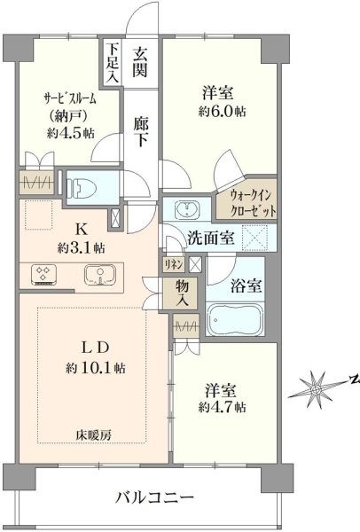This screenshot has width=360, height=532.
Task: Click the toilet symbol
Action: click(82, 188)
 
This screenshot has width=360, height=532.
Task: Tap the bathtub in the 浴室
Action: click(235, 319)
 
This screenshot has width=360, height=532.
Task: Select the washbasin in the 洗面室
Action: click(187, 209)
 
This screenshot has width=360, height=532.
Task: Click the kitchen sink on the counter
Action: click(100, 274)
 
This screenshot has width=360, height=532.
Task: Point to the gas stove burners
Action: click(43, 273)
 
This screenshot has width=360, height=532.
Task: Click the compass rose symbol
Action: click(316, 388)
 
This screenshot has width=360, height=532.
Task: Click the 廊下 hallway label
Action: click(140, 131)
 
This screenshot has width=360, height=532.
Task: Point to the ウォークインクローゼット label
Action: click(251, 204)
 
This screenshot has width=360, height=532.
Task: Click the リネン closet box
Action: click(174, 264)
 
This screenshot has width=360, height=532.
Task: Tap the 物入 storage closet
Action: click(180, 293)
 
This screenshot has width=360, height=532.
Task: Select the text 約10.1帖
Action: click(96, 367)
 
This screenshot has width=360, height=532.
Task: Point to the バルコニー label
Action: click(154, 498)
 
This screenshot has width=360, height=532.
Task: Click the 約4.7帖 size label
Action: click(222, 407)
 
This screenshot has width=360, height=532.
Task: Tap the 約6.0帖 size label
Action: click(222, 111)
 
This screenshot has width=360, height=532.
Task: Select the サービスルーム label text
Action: click(70, 98)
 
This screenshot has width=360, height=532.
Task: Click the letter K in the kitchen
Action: click(81, 230)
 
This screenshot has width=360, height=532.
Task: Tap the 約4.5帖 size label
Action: click(71, 133)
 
